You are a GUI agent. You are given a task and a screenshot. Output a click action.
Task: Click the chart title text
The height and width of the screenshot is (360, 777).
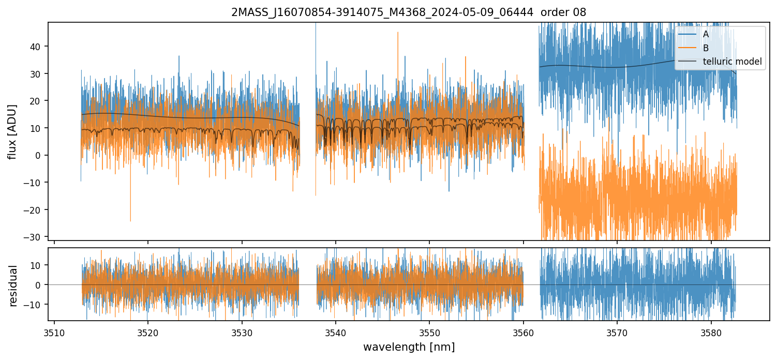409,12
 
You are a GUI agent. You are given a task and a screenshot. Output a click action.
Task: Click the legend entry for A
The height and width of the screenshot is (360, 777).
706,34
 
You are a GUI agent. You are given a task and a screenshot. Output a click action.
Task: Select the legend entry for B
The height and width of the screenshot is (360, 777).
706,48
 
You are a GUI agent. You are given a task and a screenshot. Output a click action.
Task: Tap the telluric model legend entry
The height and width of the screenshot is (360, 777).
732,62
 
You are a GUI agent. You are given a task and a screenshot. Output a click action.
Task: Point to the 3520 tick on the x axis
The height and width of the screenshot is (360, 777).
148,331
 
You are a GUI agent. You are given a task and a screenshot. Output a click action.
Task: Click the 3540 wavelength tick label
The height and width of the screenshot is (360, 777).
336,331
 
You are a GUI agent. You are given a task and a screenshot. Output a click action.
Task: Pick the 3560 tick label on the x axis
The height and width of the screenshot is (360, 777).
523,331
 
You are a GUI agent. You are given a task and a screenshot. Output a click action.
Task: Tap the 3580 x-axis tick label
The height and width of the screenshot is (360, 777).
711,331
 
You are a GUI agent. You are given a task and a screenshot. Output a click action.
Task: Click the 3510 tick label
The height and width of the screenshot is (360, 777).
54,331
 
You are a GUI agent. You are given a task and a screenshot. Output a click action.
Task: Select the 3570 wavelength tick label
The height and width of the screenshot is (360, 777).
617,331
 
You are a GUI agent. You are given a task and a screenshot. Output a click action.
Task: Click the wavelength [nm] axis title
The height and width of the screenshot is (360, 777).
409,347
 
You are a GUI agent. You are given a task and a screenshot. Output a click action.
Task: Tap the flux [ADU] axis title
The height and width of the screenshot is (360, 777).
12,131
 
